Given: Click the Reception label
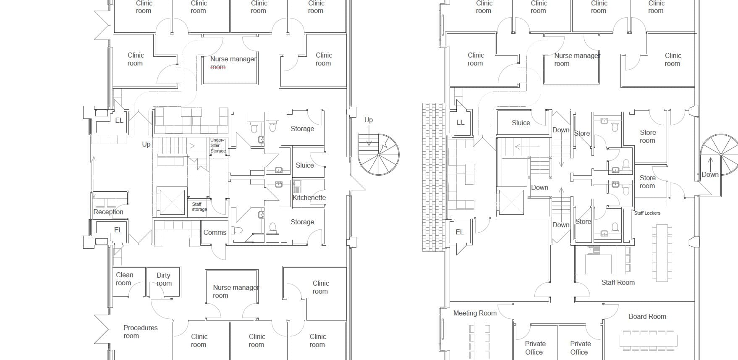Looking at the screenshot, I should pyautogui.click(x=108, y=212).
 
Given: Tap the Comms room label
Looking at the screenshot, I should pyautogui.click(x=215, y=232).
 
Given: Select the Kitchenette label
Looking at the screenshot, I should pyautogui.click(x=309, y=197).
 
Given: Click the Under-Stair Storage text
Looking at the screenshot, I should pyautogui.click(x=217, y=145).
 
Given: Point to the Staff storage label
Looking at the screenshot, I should pyautogui.click(x=199, y=207).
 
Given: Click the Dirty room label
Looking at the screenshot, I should pyautogui.click(x=164, y=279).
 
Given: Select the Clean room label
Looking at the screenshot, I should pyautogui.click(x=124, y=279).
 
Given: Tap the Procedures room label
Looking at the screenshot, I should pyautogui.click(x=140, y=332).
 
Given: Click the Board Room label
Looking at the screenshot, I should pyautogui.click(x=647, y=316).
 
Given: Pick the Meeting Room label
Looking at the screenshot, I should pyautogui.click(x=475, y=313).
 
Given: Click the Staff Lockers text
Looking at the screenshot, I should pyautogui.click(x=647, y=213).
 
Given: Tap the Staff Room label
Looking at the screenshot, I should pyautogui.click(x=618, y=282).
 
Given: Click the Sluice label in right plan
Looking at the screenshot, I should pyautogui.click(x=521, y=123).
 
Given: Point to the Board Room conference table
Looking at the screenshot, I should pyautogui.click(x=648, y=340).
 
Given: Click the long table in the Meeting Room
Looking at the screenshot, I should pyautogui.click(x=479, y=341).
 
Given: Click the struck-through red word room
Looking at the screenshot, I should pyautogui.click(x=218, y=67).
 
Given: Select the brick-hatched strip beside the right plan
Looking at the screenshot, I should pyautogui.click(x=433, y=177).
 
